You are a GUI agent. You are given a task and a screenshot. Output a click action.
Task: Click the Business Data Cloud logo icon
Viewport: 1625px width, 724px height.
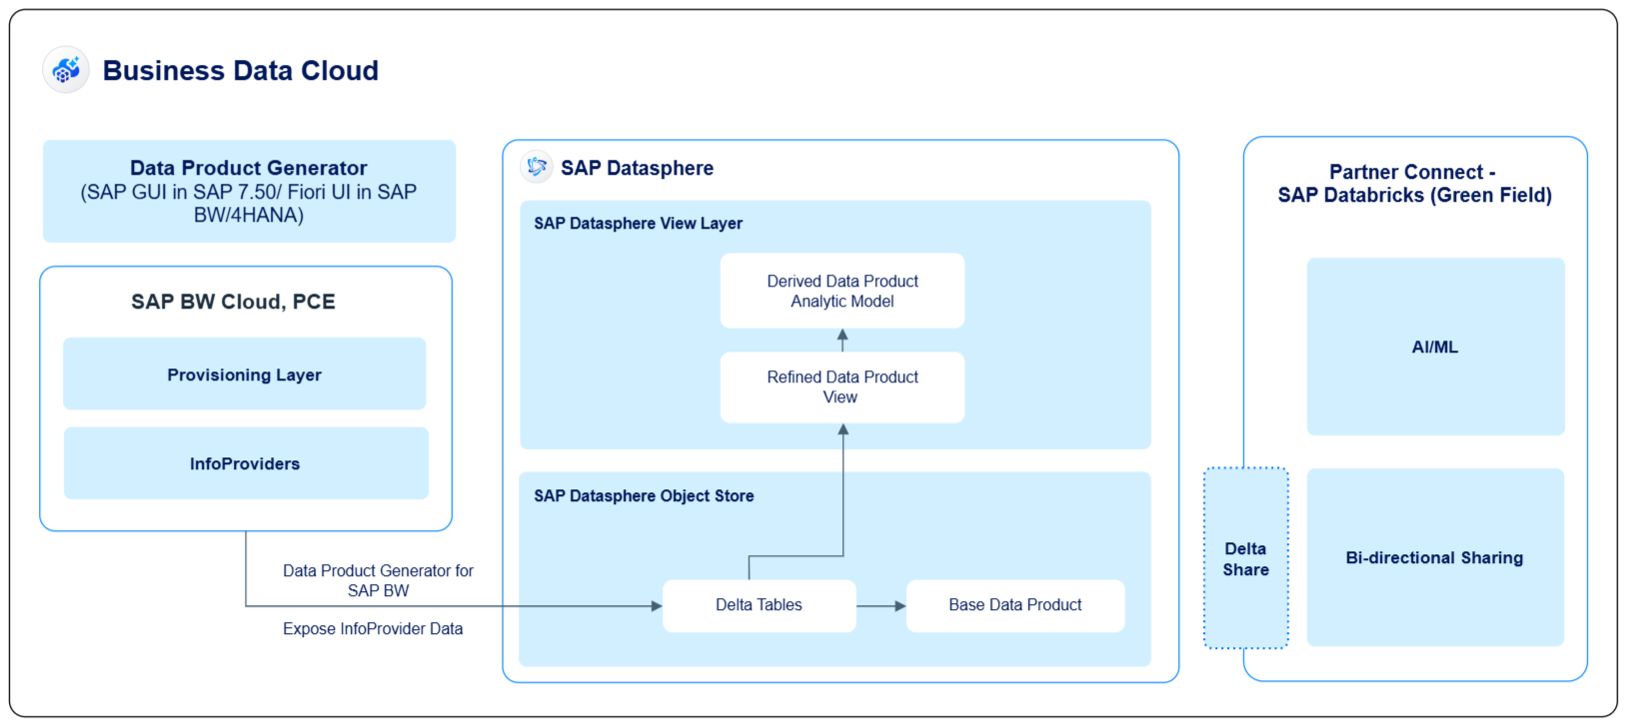66,70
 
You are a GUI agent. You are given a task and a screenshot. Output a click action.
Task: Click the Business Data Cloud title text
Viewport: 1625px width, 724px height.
240,71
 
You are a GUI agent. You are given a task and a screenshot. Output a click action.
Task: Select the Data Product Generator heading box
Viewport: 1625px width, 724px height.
249,191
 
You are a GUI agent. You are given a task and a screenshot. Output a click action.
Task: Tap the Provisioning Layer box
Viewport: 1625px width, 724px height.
244,374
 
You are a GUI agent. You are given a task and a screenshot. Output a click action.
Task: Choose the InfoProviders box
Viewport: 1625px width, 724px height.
245,463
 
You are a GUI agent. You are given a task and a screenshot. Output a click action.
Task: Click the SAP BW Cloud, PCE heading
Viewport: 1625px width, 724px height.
233,302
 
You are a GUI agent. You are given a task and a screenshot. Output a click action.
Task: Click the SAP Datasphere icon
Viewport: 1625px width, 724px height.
537,167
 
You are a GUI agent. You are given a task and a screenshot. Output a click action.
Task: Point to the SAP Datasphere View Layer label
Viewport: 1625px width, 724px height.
638,224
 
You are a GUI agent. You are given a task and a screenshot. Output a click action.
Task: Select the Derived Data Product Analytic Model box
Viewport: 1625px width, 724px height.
841,291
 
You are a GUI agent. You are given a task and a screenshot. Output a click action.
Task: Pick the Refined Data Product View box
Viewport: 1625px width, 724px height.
841,387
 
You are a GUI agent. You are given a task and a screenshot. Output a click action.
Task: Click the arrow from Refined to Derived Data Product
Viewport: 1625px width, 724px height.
842,341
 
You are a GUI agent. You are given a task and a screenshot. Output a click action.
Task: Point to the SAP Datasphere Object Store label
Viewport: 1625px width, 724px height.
644,496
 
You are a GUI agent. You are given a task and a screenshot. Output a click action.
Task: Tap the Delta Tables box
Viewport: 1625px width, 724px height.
759,605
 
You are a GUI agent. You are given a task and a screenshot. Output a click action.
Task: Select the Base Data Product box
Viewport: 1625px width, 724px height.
1014,605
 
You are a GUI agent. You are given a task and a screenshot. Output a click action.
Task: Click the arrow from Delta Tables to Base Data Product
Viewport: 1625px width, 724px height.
880,606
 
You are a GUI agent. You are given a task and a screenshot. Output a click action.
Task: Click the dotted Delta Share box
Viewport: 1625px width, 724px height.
1245,559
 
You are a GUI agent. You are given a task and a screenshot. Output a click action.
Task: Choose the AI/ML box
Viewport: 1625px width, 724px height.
1434,347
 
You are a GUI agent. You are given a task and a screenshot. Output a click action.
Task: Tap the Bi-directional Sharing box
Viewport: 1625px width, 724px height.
1434,557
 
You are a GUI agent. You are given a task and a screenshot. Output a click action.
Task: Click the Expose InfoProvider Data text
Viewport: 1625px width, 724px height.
373,629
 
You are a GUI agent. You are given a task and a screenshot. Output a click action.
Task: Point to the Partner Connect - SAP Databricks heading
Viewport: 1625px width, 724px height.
1413,184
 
